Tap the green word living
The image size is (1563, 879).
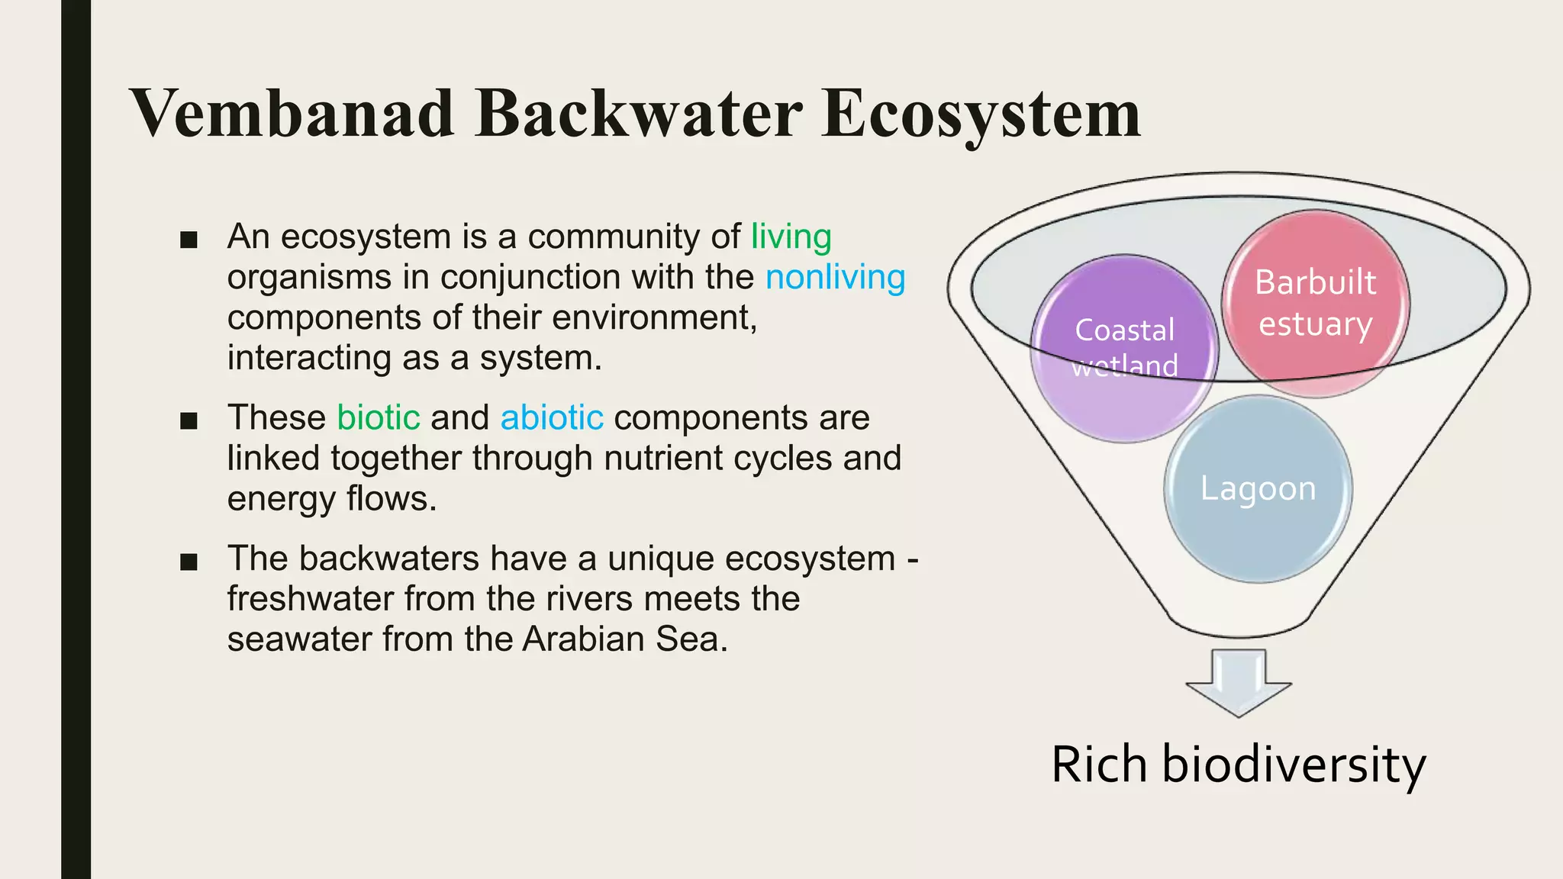point(791,237)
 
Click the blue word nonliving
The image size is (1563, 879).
point(835,277)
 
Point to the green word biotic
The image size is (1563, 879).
point(379,418)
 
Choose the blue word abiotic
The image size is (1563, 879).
point(552,418)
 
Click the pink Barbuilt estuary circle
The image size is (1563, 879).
point(1315,303)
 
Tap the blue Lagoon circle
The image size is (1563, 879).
point(1258,489)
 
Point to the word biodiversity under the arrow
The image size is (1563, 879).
point(1293,765)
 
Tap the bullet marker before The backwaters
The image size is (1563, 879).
point(189,562)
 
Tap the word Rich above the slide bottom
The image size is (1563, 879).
point(1098,765)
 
